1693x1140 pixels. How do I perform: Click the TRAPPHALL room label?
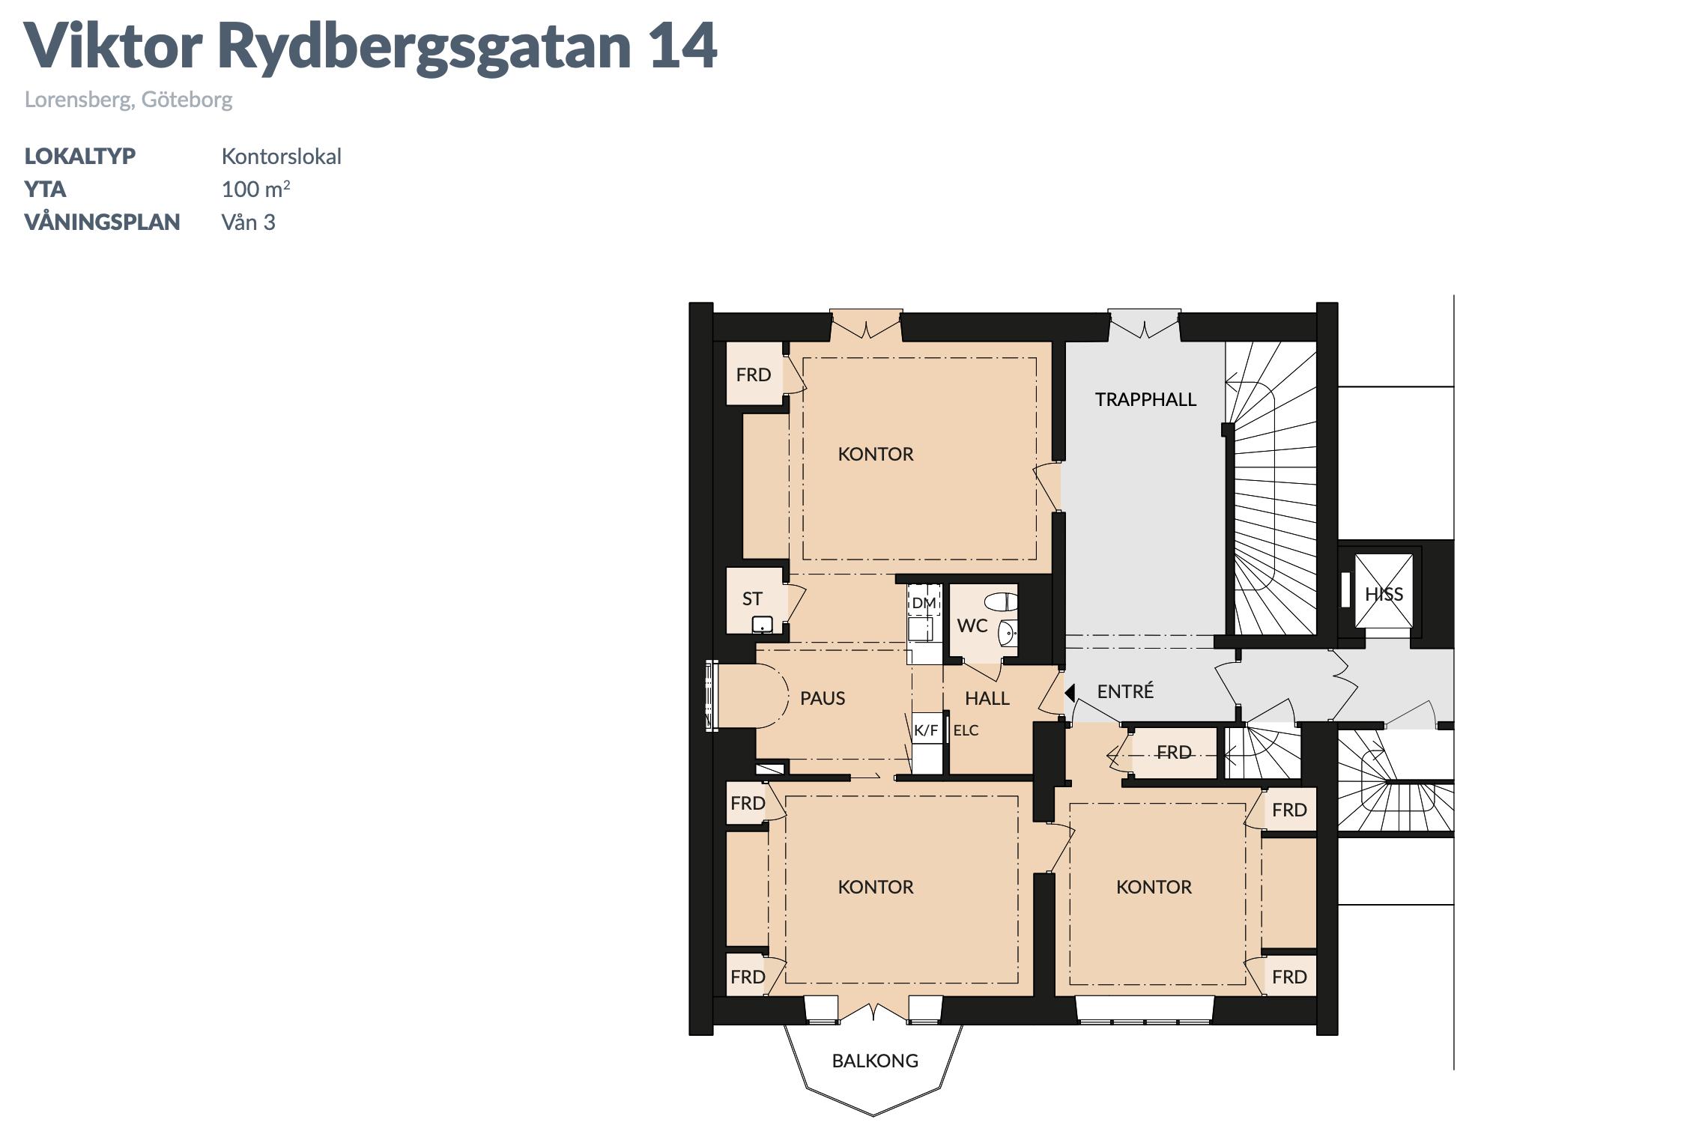[x=1145, y=399]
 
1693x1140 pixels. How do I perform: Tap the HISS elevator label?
[x=1384, y=594]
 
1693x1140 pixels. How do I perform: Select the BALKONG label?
[x=875, y=1061]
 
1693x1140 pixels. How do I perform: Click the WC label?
[x=972, y=625]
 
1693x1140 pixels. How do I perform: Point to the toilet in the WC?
[x=1002, y=601]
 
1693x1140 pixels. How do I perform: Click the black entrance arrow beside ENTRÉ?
[x=1070, y=692]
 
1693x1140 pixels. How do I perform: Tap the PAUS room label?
[x=823, y=698]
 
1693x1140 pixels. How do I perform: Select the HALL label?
[x=987, y=698]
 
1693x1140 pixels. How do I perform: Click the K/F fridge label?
[x=926, y=730]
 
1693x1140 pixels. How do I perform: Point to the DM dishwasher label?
[x=924, y=602]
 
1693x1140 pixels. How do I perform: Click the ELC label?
[x=966, y=730]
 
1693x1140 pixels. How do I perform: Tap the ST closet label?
[x=752, y=598]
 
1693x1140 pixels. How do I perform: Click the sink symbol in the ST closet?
[x=763, y=625]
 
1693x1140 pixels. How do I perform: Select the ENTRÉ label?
[x=1125, y=691]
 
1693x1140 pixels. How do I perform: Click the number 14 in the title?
[x=683, y=46]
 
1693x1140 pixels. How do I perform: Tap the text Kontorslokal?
[x=281, y=157]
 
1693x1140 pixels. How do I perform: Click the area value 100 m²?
[x=255, y=189]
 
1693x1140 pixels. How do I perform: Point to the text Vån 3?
[x=248, y=222]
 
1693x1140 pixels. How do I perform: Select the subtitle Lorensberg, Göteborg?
[x=129, y=100]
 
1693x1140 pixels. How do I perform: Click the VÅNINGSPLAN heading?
[x=102, y=222]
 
